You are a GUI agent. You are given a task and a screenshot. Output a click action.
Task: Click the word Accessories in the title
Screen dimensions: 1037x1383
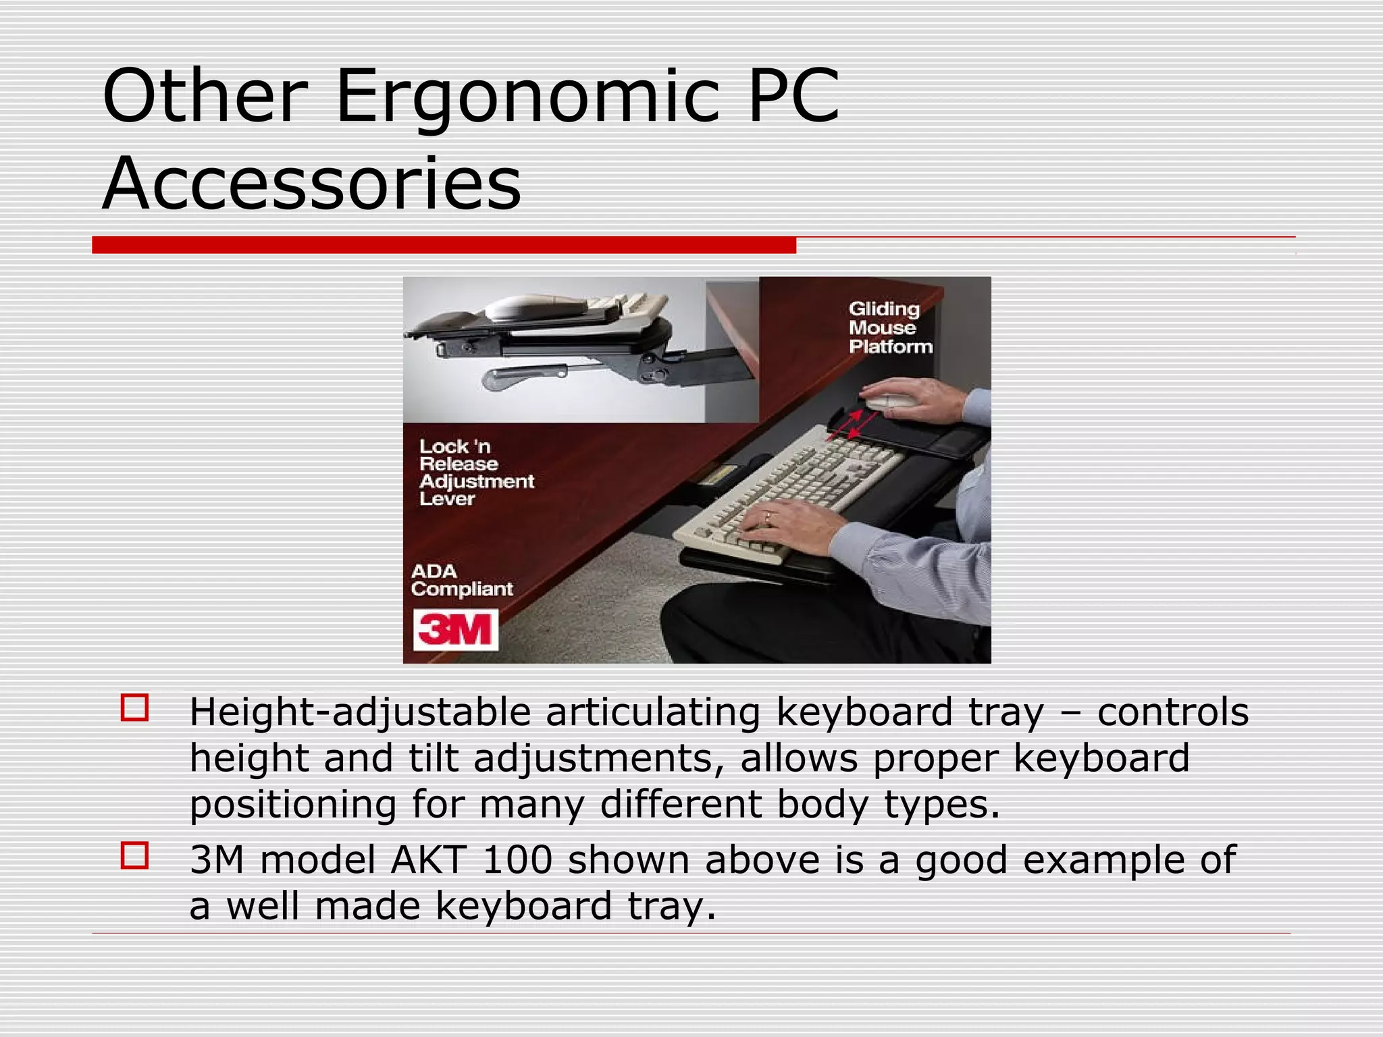312,184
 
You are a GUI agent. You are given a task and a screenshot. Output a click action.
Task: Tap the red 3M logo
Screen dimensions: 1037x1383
455,630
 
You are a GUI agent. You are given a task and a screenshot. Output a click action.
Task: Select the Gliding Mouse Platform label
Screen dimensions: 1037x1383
890,327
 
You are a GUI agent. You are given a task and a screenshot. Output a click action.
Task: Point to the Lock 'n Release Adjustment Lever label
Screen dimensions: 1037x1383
475,473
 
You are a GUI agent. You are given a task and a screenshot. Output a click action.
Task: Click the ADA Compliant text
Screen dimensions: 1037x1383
461,580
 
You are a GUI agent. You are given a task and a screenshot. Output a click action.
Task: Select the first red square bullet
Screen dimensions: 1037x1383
134,708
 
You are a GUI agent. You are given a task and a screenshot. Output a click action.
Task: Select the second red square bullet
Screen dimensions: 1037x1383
134,855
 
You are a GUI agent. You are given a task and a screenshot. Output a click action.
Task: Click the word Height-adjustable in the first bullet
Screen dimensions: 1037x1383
360,713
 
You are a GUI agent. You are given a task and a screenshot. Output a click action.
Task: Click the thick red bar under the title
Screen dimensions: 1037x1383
444,245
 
